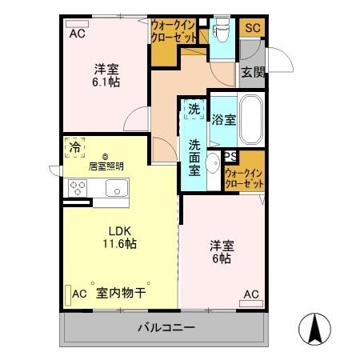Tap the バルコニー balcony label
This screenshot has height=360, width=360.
pyautogui.click(x=166, y=327)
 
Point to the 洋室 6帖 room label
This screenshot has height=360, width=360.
pyautogui.click(x=222, y=251)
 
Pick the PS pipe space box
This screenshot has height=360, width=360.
pyautogui.click(x=230, y=157)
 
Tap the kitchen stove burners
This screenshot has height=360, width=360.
pyautogui.click(x=78, y=189)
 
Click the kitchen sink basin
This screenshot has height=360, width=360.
pyautogui.click(x=114, y=189)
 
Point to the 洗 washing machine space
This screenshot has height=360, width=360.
pyautogui.click(x=194, y=109)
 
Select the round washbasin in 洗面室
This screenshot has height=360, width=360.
pyautogui.click(x=212, y=165)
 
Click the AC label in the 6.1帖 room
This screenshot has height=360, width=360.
pyautogui.click(x=77, y=34)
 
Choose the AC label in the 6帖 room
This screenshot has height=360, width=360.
pyautogui.click(x=251, y=294)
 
